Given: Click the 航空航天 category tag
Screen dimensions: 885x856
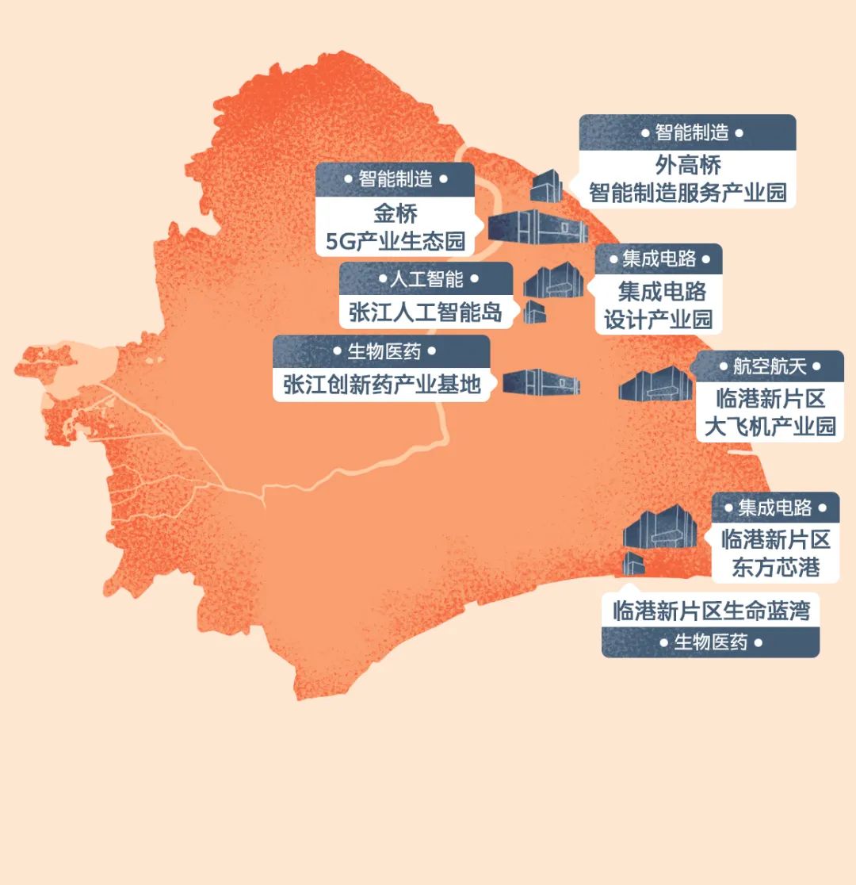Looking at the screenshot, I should point(768,366).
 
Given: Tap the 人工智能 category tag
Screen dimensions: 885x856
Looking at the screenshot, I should point(426,279).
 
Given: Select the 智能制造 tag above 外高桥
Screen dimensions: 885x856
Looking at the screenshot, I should point(686,132).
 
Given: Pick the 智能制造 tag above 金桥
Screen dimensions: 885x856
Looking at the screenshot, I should point(396,179).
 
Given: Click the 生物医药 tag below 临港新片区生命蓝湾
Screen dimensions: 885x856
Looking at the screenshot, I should point(710,642).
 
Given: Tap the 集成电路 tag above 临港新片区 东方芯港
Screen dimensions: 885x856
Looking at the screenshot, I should point(775,508).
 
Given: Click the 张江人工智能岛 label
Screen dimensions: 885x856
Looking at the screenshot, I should point(426,312).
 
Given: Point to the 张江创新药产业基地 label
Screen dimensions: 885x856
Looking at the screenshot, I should point(382,385).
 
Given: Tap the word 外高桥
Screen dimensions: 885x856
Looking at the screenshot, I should point(688,165).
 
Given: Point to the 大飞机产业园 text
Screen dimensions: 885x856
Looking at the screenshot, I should point(770,426).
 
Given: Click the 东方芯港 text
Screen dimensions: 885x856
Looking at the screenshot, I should point(775,567).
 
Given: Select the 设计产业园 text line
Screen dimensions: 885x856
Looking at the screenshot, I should point(659,319).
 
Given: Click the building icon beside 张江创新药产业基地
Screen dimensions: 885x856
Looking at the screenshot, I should point(541,382).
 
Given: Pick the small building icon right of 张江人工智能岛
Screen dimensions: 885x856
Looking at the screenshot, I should point(534,311).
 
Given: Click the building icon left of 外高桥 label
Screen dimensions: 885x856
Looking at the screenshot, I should point(546,185).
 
